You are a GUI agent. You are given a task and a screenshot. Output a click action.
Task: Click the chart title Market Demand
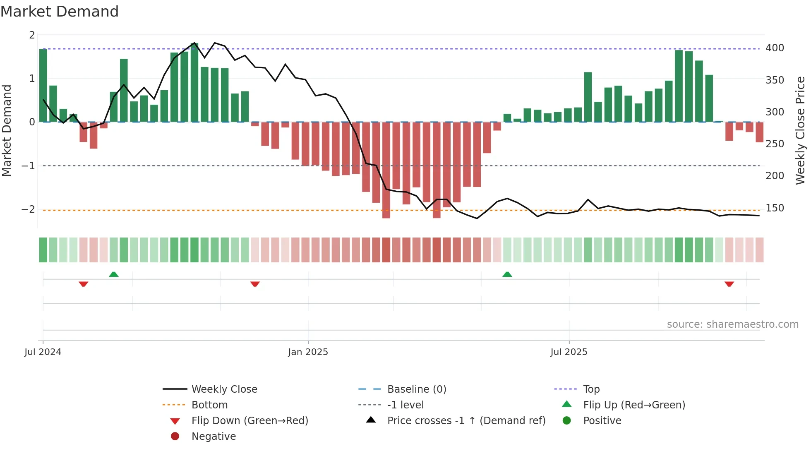(60, 11)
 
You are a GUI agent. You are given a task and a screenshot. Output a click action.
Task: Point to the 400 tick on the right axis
(774, 48)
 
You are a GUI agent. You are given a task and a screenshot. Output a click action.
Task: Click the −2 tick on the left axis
(29, 209)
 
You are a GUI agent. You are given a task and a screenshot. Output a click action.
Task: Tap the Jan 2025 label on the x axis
(308, 352)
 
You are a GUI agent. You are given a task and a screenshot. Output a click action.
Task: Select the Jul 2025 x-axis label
(569, 352)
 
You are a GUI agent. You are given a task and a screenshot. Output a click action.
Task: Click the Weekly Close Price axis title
(800, 130)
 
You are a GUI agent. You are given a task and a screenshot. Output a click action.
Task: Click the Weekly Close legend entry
(224, 389)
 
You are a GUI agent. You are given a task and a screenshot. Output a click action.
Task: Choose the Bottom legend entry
(209, 405)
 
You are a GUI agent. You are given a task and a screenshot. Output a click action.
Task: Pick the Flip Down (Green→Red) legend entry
(250, 421)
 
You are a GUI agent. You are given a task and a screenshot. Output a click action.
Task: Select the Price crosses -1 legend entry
(466, 421)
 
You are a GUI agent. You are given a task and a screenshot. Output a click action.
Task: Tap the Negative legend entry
(214, 437)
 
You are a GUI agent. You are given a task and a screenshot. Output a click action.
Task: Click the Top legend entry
(591, 389)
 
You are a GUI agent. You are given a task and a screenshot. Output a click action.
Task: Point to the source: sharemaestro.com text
(732, 324)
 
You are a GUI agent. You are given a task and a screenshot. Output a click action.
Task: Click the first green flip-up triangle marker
(114, 274)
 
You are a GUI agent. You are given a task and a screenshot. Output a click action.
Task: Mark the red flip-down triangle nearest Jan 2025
(255, 284)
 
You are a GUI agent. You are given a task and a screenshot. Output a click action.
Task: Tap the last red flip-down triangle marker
(729, 284)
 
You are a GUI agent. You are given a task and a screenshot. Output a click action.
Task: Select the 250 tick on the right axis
(774, 144)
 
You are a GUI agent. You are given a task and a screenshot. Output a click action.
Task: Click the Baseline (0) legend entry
(416, 389)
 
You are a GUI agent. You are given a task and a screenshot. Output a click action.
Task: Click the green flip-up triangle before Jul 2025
(507, 274)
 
